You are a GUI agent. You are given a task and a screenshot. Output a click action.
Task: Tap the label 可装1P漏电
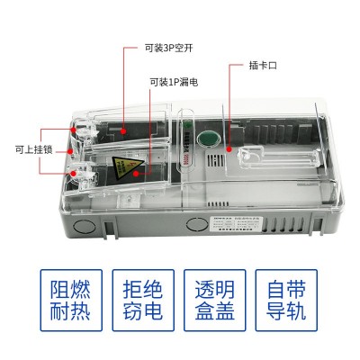tap(175, 82)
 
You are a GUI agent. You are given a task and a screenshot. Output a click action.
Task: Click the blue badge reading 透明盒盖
tap(217, 303)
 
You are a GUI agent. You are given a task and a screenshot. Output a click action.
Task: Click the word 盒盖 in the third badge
tap(217, 316)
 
